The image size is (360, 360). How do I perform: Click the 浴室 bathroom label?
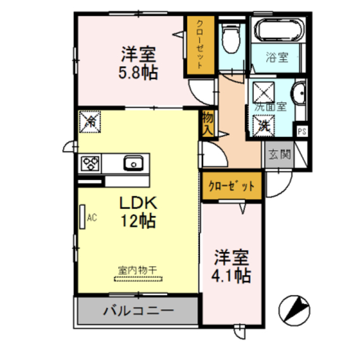(x=277, y=57)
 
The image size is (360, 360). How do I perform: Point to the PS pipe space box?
(x=302, y=132)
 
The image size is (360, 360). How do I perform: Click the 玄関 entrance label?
(x=278, y=153)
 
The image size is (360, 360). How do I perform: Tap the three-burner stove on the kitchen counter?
(x=90, y=164)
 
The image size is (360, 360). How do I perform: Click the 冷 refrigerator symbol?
(x=89, y=122)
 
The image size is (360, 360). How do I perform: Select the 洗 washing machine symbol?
(x=263, y=124)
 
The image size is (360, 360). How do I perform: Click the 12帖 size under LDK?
(x=137, y=221)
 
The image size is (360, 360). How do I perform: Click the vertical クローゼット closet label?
(x=200, y=44)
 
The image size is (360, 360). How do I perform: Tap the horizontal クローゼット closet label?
(x=231, y=186)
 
